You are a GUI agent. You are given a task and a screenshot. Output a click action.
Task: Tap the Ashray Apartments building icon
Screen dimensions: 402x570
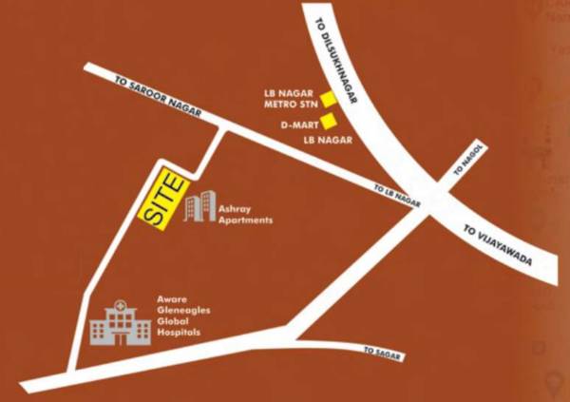tap(199, 207)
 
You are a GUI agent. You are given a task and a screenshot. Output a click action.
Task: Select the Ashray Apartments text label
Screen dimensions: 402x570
tap(245, 214)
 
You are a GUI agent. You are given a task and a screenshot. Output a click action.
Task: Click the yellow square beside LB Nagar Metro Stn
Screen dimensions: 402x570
tap(328, 98)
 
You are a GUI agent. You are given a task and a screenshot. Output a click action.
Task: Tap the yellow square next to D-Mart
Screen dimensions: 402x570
tap(328, 121)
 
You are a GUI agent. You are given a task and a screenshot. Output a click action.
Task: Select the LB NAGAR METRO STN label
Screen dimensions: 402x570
tap(288, 99)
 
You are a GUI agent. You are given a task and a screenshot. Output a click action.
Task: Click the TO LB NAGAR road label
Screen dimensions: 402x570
tap(397, 194)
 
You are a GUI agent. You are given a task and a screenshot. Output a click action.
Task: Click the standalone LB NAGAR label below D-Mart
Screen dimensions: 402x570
tap(328, 141)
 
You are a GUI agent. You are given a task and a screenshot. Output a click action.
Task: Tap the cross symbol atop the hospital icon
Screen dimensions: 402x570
tap(120, 306)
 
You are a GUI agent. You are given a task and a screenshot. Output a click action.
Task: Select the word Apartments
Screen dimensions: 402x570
tap(245, 220)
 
